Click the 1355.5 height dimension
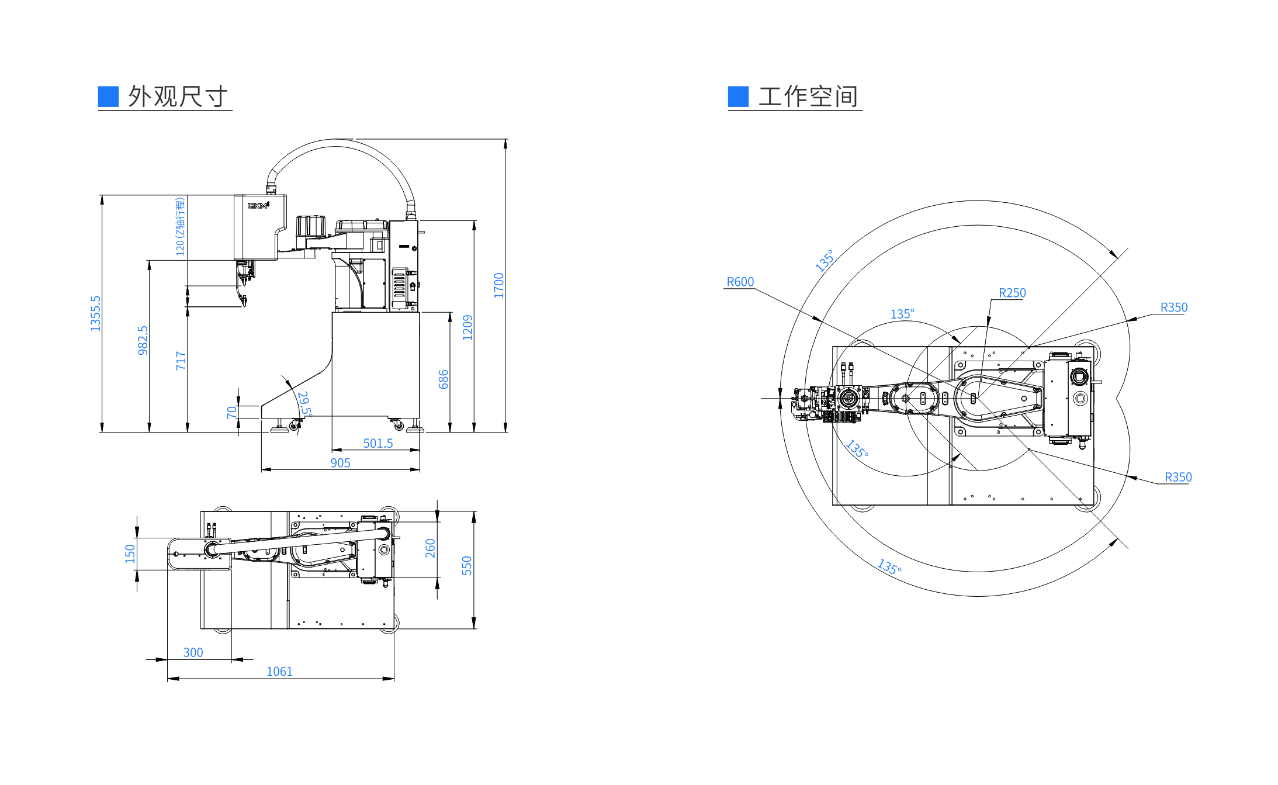point(95,313)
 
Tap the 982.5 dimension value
point(143,340)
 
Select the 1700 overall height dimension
point(498,285)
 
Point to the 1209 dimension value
point(467,327)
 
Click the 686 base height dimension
point(443,379)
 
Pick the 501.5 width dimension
point(378,443)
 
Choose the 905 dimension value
point(340,463)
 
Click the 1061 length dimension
point(279,672)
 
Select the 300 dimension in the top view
point(193,652)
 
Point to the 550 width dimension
point(466,565)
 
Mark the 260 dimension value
point(430,548)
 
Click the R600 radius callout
point(740,282)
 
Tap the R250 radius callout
point(1012,293)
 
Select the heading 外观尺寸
point(178,96)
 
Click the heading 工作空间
point(808,96)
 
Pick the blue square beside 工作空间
point(738,96)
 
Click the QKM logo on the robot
point(258,205)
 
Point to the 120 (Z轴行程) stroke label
point(180,226)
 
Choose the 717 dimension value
point(181,361)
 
